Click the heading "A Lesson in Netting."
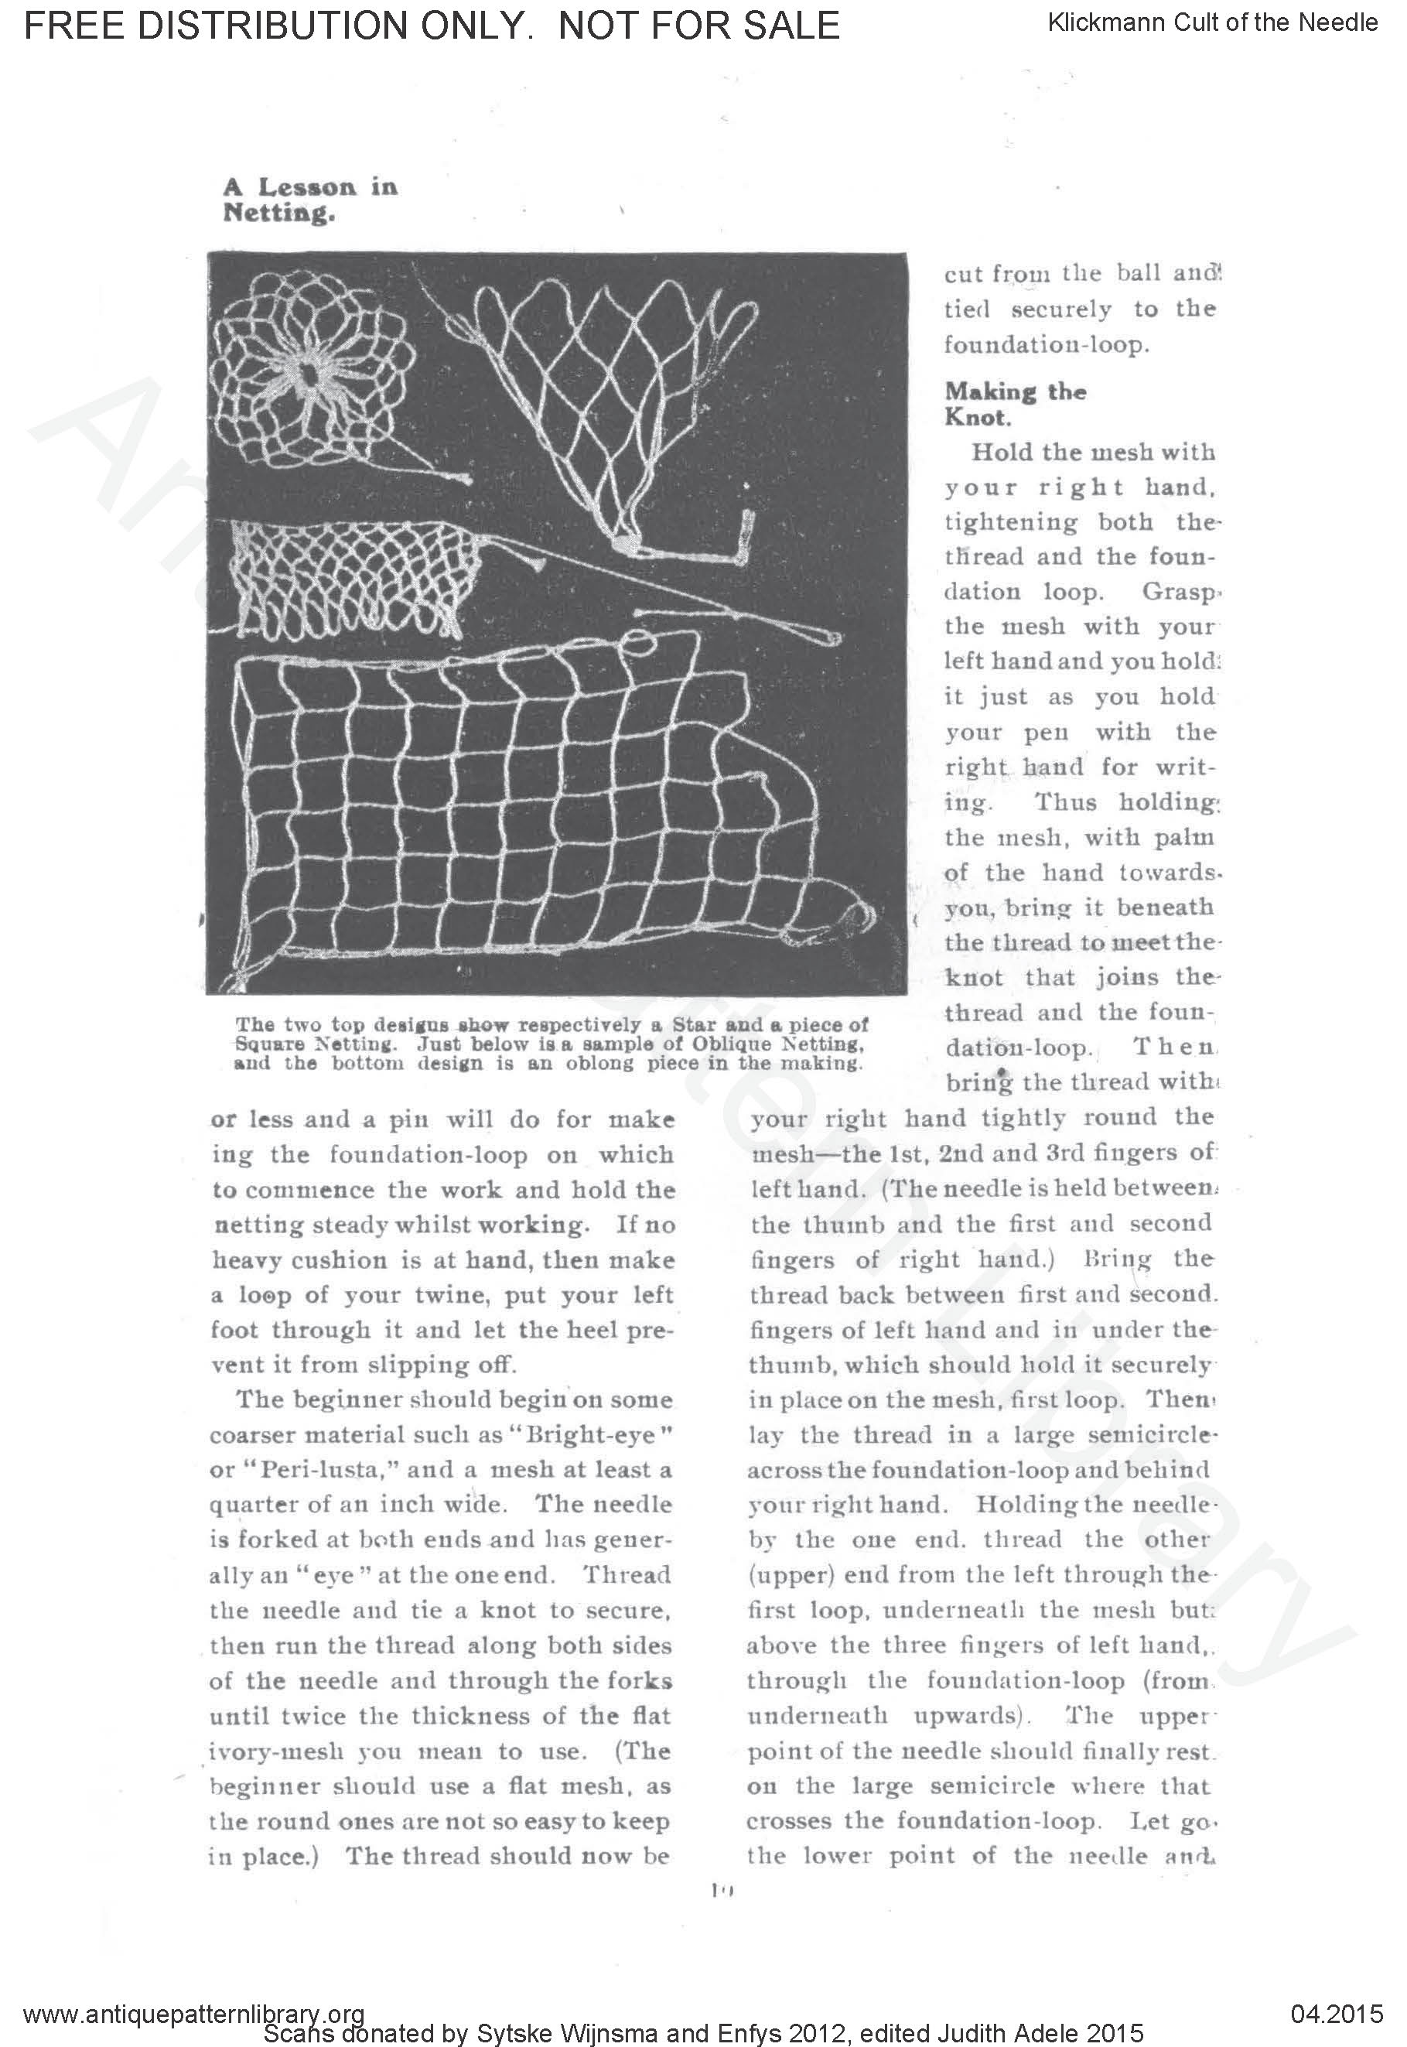pyautogui.click(x=309, y=200)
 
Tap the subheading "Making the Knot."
pyautogui.click(x=1015, y=403)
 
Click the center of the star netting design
pyautogui.click(x=309, y=374)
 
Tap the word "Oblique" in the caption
pyautogui.click(x=731, y=1044)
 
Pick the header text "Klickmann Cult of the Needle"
pyautogui.click(x=1212, y=23)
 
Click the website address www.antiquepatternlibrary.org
pyautogui.click(x=194, y=2014)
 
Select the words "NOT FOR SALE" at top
pyautogui.click(x=699, y=26)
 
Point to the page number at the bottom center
pyautogui.click(x=720, y=1890)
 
